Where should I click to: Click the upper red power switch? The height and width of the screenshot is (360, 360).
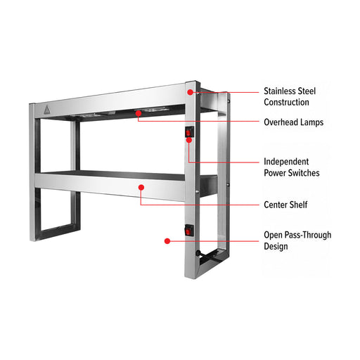coord(189,132)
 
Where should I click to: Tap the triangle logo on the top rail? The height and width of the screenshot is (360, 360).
coord(47,110)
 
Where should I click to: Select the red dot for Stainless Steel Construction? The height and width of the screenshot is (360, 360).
coord(191,92)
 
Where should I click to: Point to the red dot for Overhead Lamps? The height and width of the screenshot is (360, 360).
coord(139,114)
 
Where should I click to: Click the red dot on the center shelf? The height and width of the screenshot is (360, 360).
coord(141,188)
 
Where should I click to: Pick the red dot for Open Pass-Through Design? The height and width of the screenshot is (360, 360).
coord(167,241)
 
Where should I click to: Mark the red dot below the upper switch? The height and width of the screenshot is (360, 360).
coord(189,140)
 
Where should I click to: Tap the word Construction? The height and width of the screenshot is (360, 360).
coord(286,102)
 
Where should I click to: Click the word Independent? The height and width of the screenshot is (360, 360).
coord(286,162)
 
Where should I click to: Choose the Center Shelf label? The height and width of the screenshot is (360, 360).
coord(285,205)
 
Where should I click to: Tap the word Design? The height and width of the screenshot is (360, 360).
coord(276,247)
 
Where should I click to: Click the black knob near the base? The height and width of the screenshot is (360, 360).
coord(199,253)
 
